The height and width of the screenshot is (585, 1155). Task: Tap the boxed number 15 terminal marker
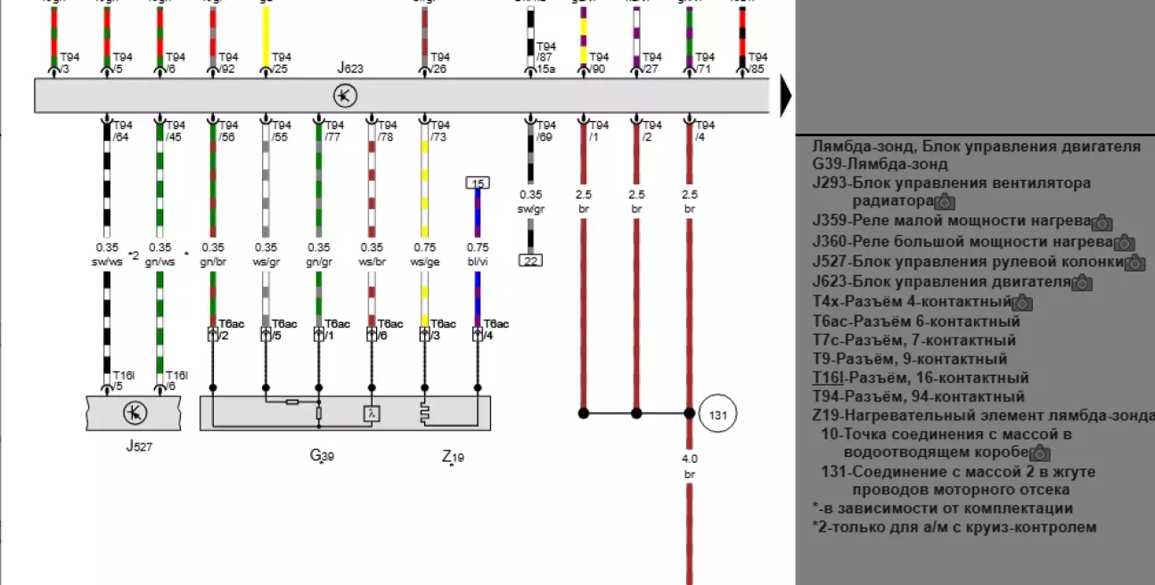tap(478, 183)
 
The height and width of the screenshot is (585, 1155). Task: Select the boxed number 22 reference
tap(530, 260)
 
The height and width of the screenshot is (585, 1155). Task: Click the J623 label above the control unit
tap(350, 68)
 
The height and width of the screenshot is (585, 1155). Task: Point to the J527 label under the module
tap(138, 446)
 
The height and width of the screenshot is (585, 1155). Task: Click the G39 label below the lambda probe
tap(322, 456)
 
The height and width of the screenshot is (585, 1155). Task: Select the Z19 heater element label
tap(453, 457)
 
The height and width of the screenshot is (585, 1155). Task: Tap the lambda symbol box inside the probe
tap(372, 413)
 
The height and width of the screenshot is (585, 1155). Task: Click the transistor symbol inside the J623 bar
tap(345, 95)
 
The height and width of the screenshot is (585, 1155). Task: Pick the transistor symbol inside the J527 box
tap(135, 413)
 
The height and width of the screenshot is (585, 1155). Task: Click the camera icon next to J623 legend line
tap(1082, 283)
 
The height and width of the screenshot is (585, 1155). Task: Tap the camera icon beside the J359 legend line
tap(1102, 223)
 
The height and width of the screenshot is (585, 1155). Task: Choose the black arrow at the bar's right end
tap(786, 96)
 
